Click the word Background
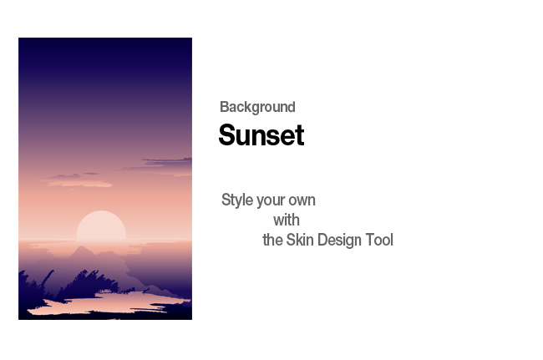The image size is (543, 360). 257,107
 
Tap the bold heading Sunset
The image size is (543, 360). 261,135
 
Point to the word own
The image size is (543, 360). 302,201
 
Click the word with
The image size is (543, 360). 287,221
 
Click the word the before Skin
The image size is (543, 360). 272,240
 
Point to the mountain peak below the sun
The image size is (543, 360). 82,248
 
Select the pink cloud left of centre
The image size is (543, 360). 78,181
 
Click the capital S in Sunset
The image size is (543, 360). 228,134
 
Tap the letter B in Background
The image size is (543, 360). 224,107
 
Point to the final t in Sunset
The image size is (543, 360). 300,135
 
